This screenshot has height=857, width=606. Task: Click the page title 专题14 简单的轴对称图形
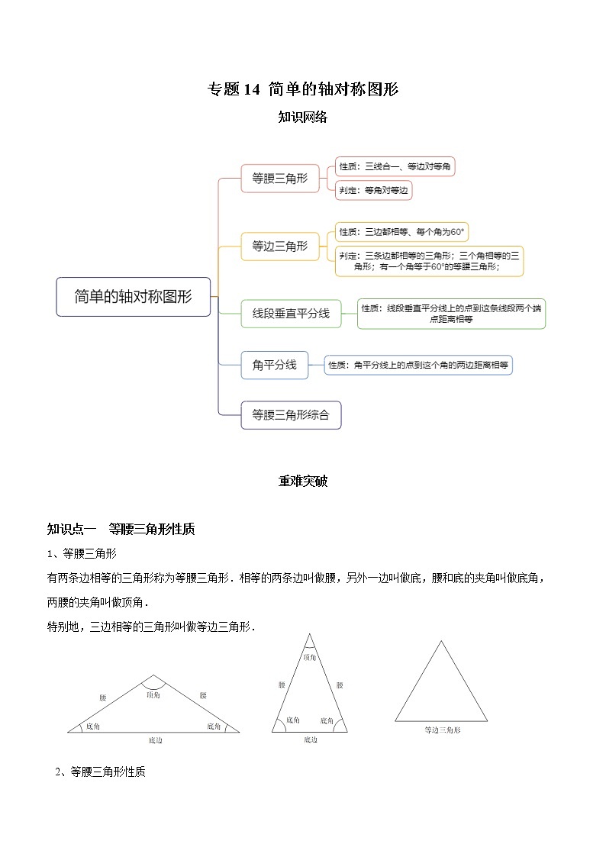coord(303,89)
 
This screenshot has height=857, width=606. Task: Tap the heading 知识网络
coord(303,117)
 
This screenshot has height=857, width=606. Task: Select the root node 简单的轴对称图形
coord(134,297)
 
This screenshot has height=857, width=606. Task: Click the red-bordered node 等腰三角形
coord(279,179)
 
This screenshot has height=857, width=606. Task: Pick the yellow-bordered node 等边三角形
coord(279,246)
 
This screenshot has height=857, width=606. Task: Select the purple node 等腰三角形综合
coord(290,415)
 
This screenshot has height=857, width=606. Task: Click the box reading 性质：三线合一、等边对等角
coord(395,166)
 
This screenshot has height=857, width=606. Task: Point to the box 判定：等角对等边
coord(374,191)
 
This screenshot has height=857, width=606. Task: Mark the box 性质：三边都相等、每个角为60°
coord(401,232)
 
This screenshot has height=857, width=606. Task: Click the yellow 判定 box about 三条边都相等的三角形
coord(430,261)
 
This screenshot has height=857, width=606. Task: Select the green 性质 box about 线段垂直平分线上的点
coord(451,314)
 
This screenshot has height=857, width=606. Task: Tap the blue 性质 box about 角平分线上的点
coord(418,366)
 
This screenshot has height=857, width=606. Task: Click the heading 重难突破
coord(303,482)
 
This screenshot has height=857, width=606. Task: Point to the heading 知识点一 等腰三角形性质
coord(122,528)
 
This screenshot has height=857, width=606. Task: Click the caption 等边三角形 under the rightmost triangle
coord(443,730)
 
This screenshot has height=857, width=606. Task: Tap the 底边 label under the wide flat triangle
coord(155,740)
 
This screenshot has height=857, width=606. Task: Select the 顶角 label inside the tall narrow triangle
coord(309,657)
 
